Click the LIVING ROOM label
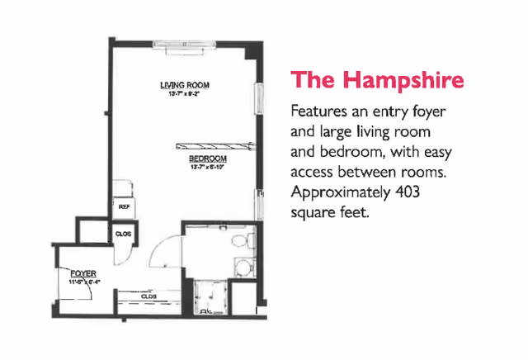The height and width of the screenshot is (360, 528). tap(185, 85)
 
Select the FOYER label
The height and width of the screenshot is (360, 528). tap(82, 273)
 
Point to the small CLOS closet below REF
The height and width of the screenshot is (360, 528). tap(123, 234)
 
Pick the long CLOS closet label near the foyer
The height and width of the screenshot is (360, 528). tap(149, 295)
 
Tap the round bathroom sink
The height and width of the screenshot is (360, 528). tap(242, 266)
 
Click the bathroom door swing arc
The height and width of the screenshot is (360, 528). tap(164, 247)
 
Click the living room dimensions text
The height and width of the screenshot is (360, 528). tap(185, 94)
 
